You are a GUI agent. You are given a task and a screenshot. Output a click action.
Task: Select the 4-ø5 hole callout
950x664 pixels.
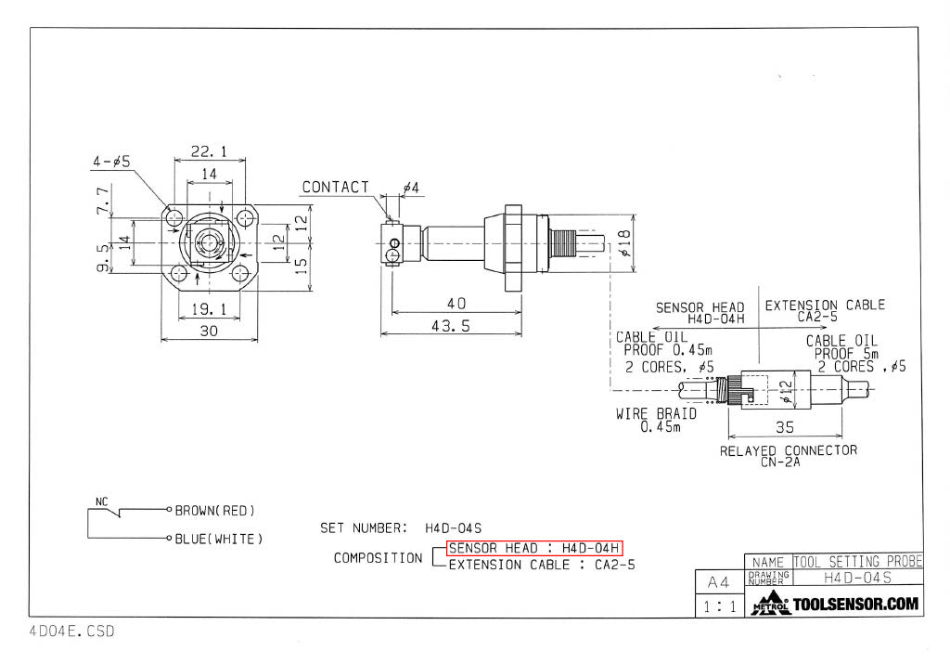pyautogui.click(x=110, y=161)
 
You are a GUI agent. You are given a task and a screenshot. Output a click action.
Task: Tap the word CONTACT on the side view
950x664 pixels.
pyautogui.click(x=335, y=188)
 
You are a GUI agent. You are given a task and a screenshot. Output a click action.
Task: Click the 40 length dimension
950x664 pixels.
pyautogui.click(x=456, y=304)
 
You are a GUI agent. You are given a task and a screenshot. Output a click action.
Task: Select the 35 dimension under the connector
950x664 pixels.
pyautogui.click(x=785, y=429)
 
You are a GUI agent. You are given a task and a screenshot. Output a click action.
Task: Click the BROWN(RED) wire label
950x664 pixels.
pyautogui.click(x=214, y=510)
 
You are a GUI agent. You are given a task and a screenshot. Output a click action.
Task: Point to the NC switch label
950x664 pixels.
pyautogui.click(x=101, y=501)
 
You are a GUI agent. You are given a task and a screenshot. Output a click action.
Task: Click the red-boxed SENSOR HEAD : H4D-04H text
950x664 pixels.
pyautogui.click(x=533, y=548)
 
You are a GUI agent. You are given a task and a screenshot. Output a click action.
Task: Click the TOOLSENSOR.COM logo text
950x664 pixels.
pyautogui.click(x=856, y=604)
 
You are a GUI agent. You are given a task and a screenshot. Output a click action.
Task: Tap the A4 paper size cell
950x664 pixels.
pyautogui.click(x=718, y=583)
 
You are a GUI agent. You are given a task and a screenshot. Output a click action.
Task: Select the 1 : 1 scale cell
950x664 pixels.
pyautogui.click(x=718, y=606)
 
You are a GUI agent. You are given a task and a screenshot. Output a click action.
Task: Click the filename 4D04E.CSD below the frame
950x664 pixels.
pyautogui.click(x=71, y=631)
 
